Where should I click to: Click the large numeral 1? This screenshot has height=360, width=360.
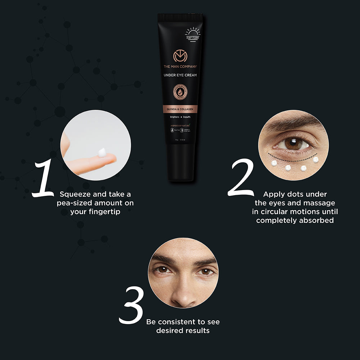[44, 179]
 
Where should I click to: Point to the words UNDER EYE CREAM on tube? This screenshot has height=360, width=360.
[180, 75]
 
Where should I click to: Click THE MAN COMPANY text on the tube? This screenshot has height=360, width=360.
[180, 67]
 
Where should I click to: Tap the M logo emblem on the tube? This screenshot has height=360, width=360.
[180, 56]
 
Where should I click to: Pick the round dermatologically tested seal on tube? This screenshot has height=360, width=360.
[180, 92]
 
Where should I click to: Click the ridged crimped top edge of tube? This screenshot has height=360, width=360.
[180, 17]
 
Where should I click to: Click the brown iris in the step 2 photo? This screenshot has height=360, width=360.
[291, 143]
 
